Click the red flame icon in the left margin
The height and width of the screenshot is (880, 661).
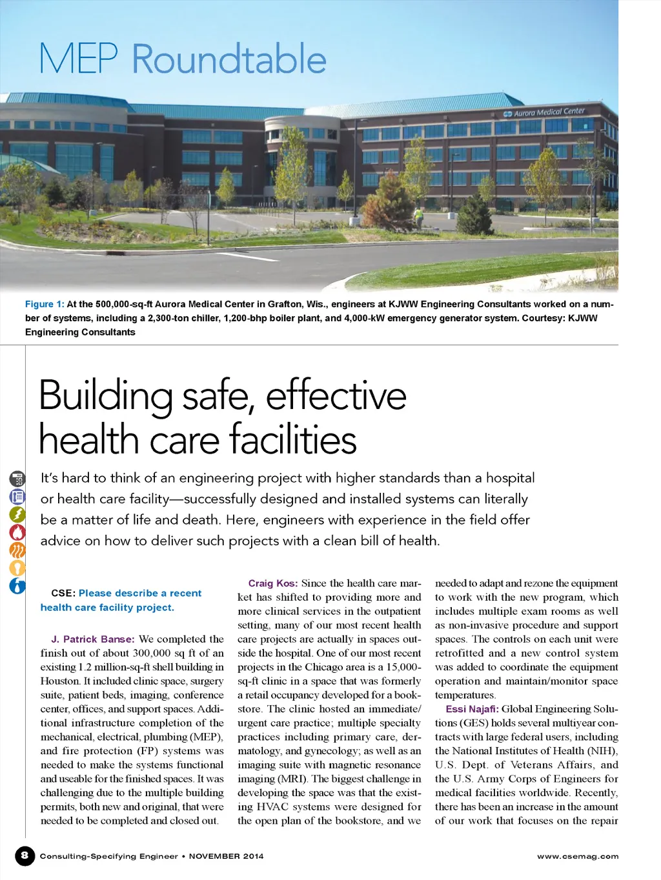(17, 532)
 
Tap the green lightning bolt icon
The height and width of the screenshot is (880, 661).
(17, 514)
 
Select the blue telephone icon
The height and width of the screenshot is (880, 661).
(17, 497)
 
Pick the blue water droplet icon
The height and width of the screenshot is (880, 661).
(17, 586)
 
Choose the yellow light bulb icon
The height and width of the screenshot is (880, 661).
(17, 568)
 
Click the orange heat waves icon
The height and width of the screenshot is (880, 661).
(17, 550)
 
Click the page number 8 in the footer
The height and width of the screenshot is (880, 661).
(25, 856)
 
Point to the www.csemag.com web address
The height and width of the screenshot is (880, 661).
(578, 857)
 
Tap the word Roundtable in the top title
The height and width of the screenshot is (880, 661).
(229, 59)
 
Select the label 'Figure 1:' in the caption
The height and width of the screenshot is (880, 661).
(45, 305)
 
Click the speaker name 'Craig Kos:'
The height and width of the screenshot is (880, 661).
(272, 583)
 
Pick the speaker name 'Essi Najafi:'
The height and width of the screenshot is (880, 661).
(472, 709)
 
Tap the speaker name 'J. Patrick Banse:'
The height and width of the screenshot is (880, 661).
(93, 639)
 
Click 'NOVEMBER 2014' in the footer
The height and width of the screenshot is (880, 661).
(226, 857)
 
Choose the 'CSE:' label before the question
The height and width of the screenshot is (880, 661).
(63, 594)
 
